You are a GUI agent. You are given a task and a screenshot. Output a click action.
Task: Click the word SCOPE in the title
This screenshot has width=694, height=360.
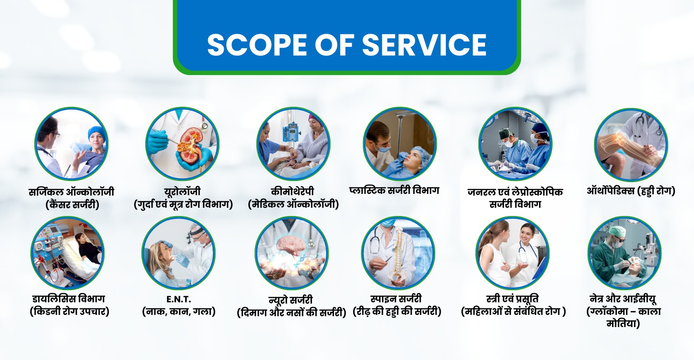click(257, 45)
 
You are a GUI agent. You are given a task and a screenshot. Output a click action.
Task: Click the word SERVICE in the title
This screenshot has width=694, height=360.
click(424, 45)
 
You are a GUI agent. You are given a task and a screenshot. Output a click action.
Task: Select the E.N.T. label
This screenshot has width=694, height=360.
click(178, 299)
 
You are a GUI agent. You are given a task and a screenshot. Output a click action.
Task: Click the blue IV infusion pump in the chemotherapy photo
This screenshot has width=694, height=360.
click(291, 132)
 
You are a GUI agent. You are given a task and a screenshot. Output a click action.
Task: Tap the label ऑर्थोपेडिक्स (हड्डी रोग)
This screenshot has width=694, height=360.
click(631, 191)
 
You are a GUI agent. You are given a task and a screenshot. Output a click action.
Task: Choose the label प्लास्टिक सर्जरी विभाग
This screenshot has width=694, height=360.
click(394, 190)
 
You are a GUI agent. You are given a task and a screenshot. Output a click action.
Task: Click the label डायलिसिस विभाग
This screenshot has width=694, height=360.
click(69, 299)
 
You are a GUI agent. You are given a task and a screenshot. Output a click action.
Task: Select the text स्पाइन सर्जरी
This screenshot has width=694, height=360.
click(396, 299)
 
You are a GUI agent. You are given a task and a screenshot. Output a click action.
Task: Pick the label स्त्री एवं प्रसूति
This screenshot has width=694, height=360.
click(512, 299)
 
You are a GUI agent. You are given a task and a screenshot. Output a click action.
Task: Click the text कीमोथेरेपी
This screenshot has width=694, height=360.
click(292, 191)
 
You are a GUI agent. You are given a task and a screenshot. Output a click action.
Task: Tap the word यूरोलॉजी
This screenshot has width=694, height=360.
click(183, 191)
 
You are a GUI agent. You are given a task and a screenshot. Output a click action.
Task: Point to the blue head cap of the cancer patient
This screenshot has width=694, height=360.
click(96, 132)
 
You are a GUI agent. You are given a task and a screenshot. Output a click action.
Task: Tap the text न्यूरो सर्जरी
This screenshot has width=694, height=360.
click(291, 300)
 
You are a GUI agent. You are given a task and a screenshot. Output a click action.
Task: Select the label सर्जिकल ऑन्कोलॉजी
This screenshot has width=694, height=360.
click(72, 192)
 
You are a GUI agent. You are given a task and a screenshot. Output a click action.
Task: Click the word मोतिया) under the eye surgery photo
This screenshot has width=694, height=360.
click(623, 324)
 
